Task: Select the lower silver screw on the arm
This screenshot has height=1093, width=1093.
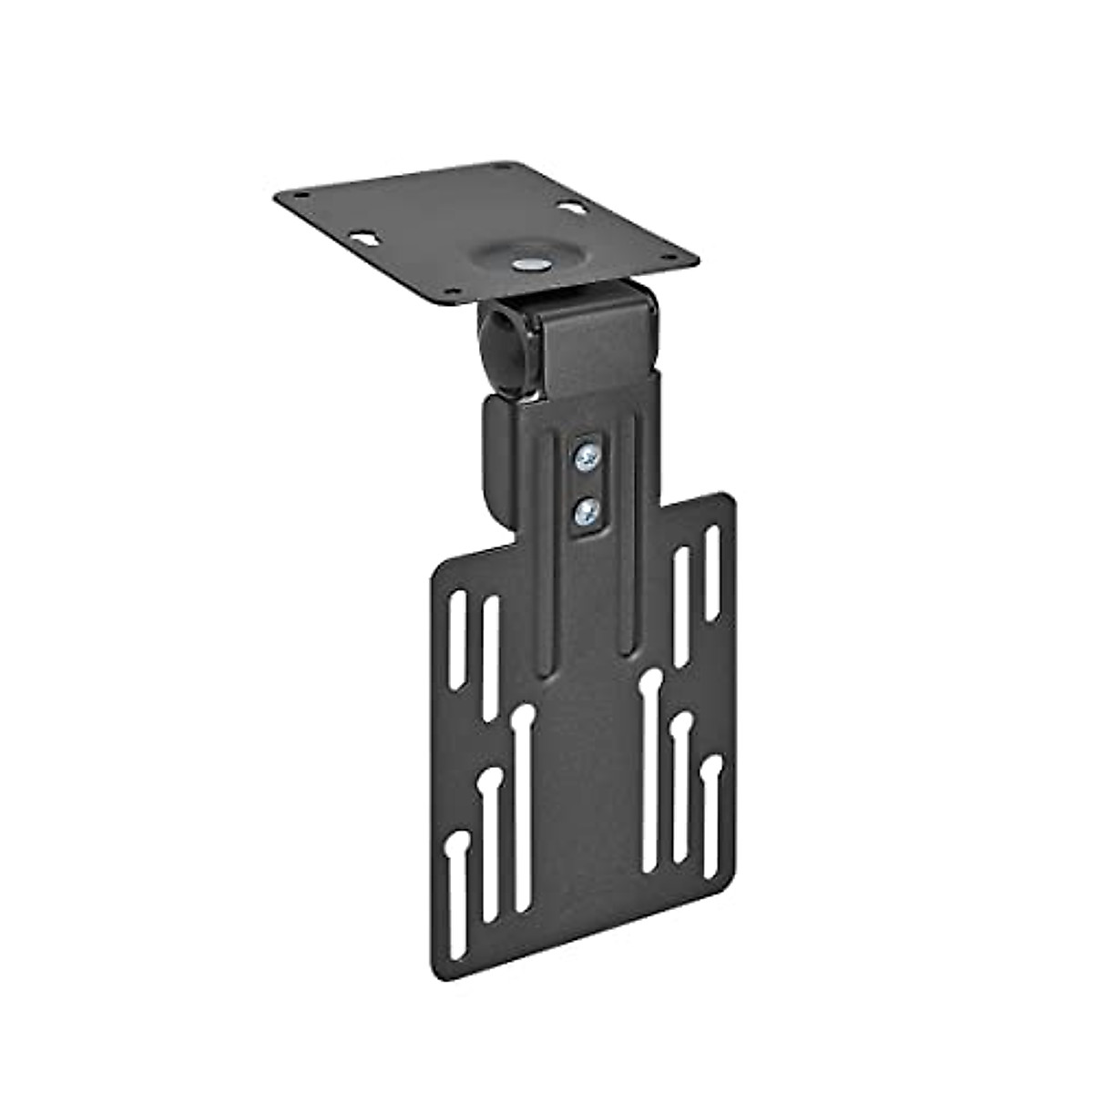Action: pos(585,515)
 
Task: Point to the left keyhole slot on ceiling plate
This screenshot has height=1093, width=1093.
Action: pos(364,237)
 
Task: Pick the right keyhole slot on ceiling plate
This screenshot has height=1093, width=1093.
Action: pos(576,209)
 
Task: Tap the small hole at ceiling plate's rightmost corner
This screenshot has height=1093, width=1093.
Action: pos(672,258)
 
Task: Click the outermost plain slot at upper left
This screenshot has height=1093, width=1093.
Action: pos(457,638)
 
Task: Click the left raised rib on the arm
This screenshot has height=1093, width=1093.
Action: pos(545,546)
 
